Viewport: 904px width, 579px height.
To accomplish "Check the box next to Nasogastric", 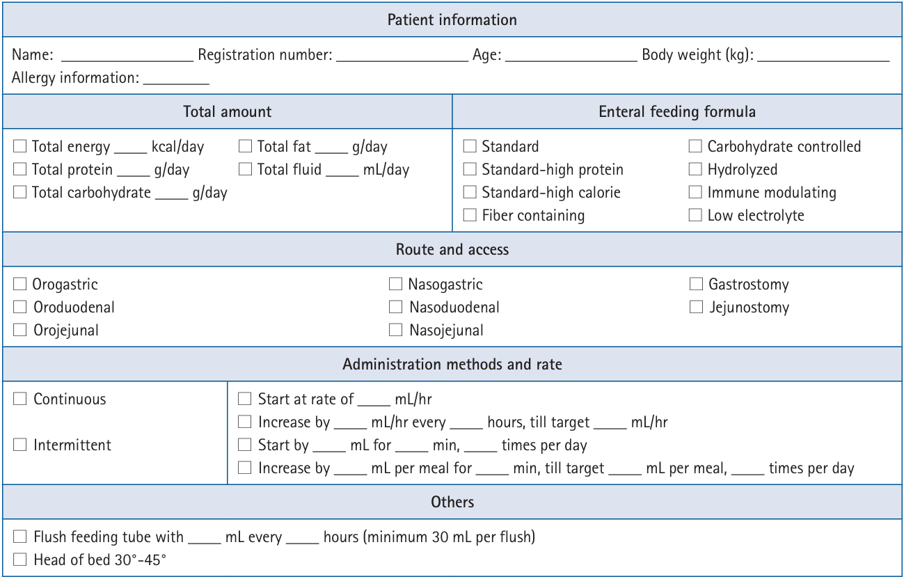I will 395,284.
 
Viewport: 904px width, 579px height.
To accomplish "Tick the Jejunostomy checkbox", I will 696,307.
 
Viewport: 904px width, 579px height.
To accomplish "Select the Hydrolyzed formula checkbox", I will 695,169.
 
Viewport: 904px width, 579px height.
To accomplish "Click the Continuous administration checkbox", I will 20,399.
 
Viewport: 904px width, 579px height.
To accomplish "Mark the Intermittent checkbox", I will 20,445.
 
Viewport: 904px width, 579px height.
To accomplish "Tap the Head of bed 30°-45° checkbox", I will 20,560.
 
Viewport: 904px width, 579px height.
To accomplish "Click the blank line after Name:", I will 127,58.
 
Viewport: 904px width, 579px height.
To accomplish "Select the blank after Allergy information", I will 176,81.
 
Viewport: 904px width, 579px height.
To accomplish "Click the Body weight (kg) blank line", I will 823,58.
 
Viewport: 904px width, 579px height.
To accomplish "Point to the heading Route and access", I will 452,249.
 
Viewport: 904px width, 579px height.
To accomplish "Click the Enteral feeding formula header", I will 677,111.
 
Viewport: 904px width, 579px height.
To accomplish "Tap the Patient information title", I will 452,19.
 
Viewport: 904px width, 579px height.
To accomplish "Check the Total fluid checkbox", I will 245,169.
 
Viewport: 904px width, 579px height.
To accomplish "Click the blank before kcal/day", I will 130,150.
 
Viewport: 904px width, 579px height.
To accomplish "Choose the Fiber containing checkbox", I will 470,215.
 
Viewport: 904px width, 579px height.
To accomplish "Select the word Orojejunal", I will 66,330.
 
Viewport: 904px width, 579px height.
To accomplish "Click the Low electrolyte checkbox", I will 695,215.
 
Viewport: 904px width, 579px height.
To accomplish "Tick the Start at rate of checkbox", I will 245,399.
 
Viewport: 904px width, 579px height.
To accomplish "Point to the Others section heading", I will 452,502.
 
